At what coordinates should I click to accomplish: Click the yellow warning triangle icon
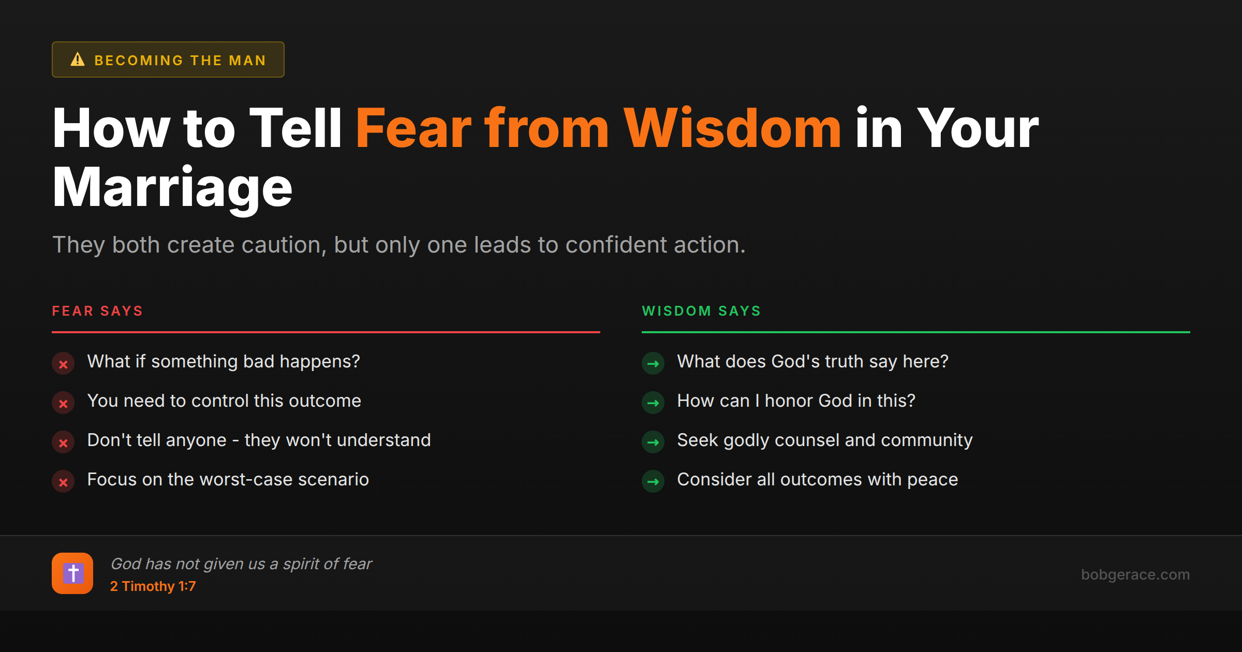click(x=78, y=60)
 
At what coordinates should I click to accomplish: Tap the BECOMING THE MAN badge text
click(x=180, y=61)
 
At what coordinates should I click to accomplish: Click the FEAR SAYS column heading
click(x=97, y=311)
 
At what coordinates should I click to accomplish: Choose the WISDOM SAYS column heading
click(x=701, y=311)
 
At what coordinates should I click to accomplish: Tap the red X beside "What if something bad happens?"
click(x=63, y=364)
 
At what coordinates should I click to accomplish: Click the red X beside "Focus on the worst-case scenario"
click(x=63, y=482)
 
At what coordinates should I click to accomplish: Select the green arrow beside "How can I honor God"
click(x=653, y=403)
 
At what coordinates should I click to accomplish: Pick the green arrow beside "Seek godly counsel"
click(x=653, y=442)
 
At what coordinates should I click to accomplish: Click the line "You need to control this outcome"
click(x=224, y=401)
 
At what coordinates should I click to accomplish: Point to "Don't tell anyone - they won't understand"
click(x=259, y=440)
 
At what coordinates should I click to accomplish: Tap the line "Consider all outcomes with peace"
click(x=817, y=480)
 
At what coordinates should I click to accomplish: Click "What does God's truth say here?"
click(x=812, y=362)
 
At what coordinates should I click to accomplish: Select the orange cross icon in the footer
click(x=72, y=573)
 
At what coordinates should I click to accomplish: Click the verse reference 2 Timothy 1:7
click(x=153, y=586)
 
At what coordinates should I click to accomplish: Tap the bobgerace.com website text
click(x=1135, y=574)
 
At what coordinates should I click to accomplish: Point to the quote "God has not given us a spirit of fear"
click(x=241, y=564)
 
